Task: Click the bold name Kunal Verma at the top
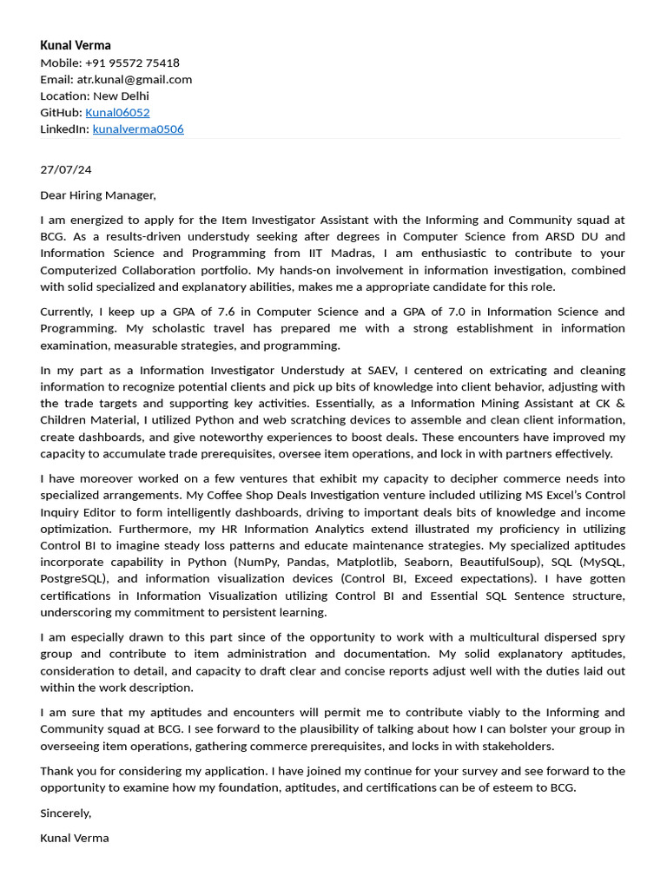[x=76, y=45]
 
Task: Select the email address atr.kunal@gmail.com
[x=135, y=79]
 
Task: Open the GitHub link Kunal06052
[x=117, y=112]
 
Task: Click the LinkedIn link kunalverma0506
[x=138, y=128]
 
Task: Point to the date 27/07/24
[x=66, y=169]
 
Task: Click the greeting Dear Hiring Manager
[x=97, y=194]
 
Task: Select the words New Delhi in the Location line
[x=121, y=95]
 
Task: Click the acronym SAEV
[x=381, y=370]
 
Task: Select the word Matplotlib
[x=365, y=562]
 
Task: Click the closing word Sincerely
[x=65, y=813]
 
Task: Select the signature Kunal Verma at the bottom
[x=75, y=838]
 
